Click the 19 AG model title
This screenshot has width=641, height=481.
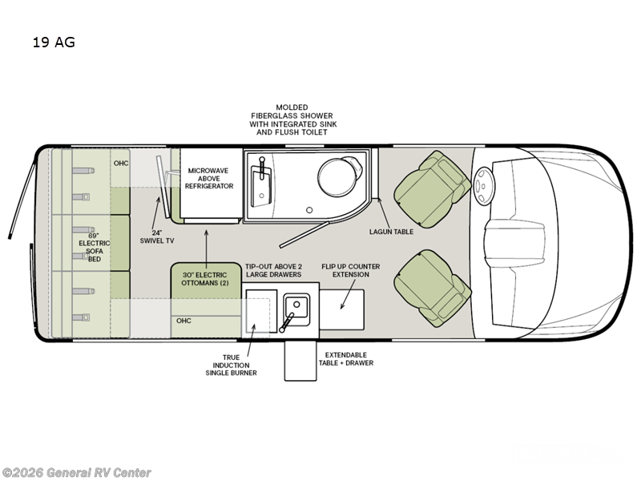(x=53, y=42)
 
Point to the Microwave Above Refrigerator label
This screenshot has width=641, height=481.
(x=211, y=178)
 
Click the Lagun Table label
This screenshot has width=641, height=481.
(x=392, y=231)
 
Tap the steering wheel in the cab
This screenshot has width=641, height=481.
(x=485, y=188)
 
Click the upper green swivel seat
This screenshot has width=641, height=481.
(x=433, y=186)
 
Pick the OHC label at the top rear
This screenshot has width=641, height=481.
(x=120, y=163)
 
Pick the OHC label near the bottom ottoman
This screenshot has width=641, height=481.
(x=183, y=321)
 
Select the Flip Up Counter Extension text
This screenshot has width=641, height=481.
(x=351, y=270)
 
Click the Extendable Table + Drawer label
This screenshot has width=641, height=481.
(x=349, y=358)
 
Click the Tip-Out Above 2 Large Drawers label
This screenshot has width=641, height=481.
(x=273, y=270)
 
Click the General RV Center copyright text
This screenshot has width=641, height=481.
(x=77, y=473)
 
